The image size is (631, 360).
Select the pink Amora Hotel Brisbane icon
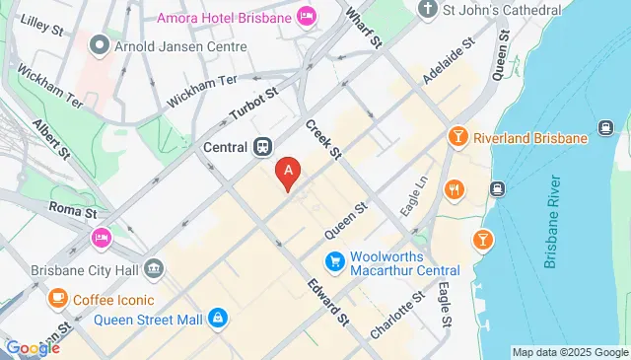(x=308, y=17)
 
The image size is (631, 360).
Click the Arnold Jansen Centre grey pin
(x=99, y=44)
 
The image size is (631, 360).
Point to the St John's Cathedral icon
(x=426, y=10)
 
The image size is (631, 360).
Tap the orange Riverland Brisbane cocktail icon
(x=456, y=138)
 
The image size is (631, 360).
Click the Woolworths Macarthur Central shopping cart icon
(x=334, y=260)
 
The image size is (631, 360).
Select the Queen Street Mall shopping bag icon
(x=218, y=319)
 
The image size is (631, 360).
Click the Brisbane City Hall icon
(x=153, y=267)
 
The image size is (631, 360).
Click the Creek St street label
(x=322, y=140)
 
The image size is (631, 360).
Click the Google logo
(x=33, y=347)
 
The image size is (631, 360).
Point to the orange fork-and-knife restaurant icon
(x=454, y=189)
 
